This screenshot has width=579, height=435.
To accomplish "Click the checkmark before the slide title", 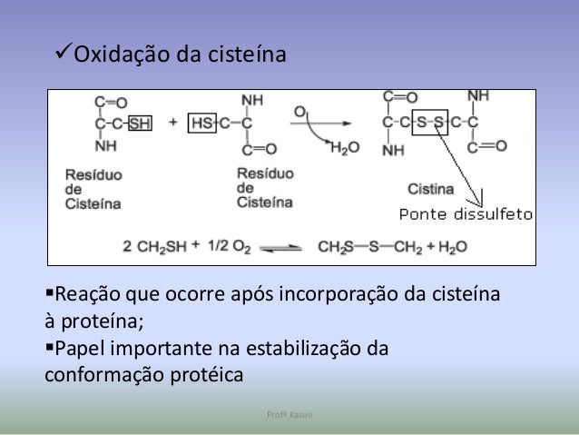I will pyautogui.click(x=61, y=56).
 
